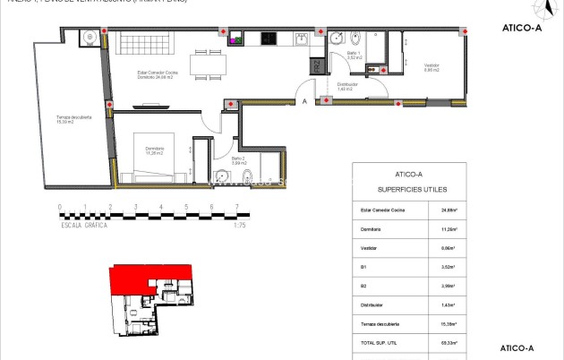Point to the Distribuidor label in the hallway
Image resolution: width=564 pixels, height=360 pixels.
tap(345, 87)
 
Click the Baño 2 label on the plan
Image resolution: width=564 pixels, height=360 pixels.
tap(237, 161)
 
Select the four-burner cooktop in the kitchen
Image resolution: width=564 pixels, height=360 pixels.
tap(269, 39)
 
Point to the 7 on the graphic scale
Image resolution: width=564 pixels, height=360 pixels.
tap(236, 208)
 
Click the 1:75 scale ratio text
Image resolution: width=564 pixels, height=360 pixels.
tap(239, 226)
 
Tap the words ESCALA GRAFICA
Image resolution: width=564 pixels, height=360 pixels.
tap(84, 226)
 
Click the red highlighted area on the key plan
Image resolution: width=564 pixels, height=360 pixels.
tap(148, 279)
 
